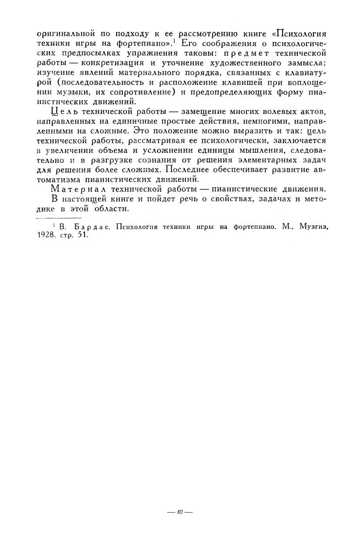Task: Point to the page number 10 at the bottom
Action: tap(180, 512)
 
